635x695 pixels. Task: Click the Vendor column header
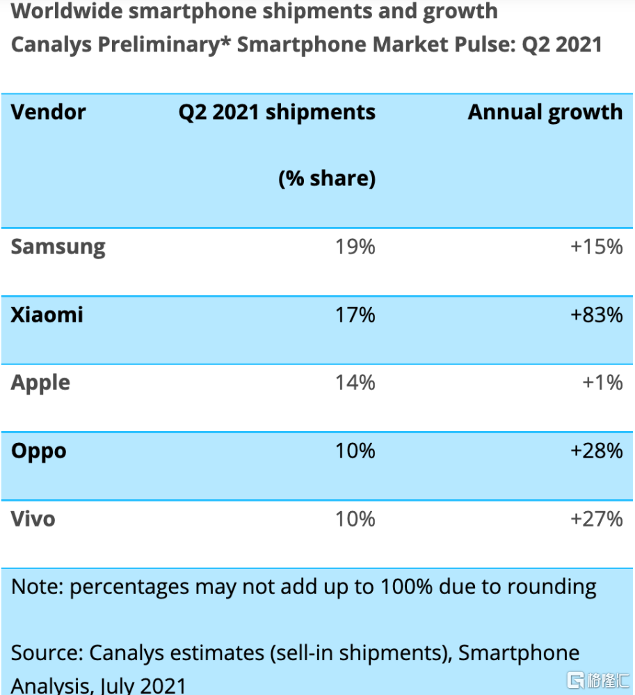pyautogui.click(x=49, y=112)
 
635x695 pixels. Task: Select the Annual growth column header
pyautogui.click(x=545, y=112)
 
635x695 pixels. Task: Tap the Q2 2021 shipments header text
pyautogui.click(x=277, y=112)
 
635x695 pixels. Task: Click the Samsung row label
pyautogui.click(x=58, y=247)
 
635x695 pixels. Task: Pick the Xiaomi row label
pyautogui.click(x=47, y=315)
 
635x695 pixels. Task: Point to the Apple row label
pyautogui.click(x=40, y=383)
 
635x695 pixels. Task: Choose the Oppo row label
pyautogui.click(x=39, y=451)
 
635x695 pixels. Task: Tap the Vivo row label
pyautogui.click(x=33, y=519)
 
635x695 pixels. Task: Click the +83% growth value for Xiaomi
pyautogui.click(x=596, y=315)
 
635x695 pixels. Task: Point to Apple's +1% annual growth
pyautogui.click(x=603, y=382)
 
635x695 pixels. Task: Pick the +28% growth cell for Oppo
pyautogui.click(x=596, y=451)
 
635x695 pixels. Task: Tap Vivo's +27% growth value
pyautogui.click(x=596, y=519)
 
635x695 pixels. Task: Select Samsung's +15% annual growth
pyautogui.click(x=596, y=247)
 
